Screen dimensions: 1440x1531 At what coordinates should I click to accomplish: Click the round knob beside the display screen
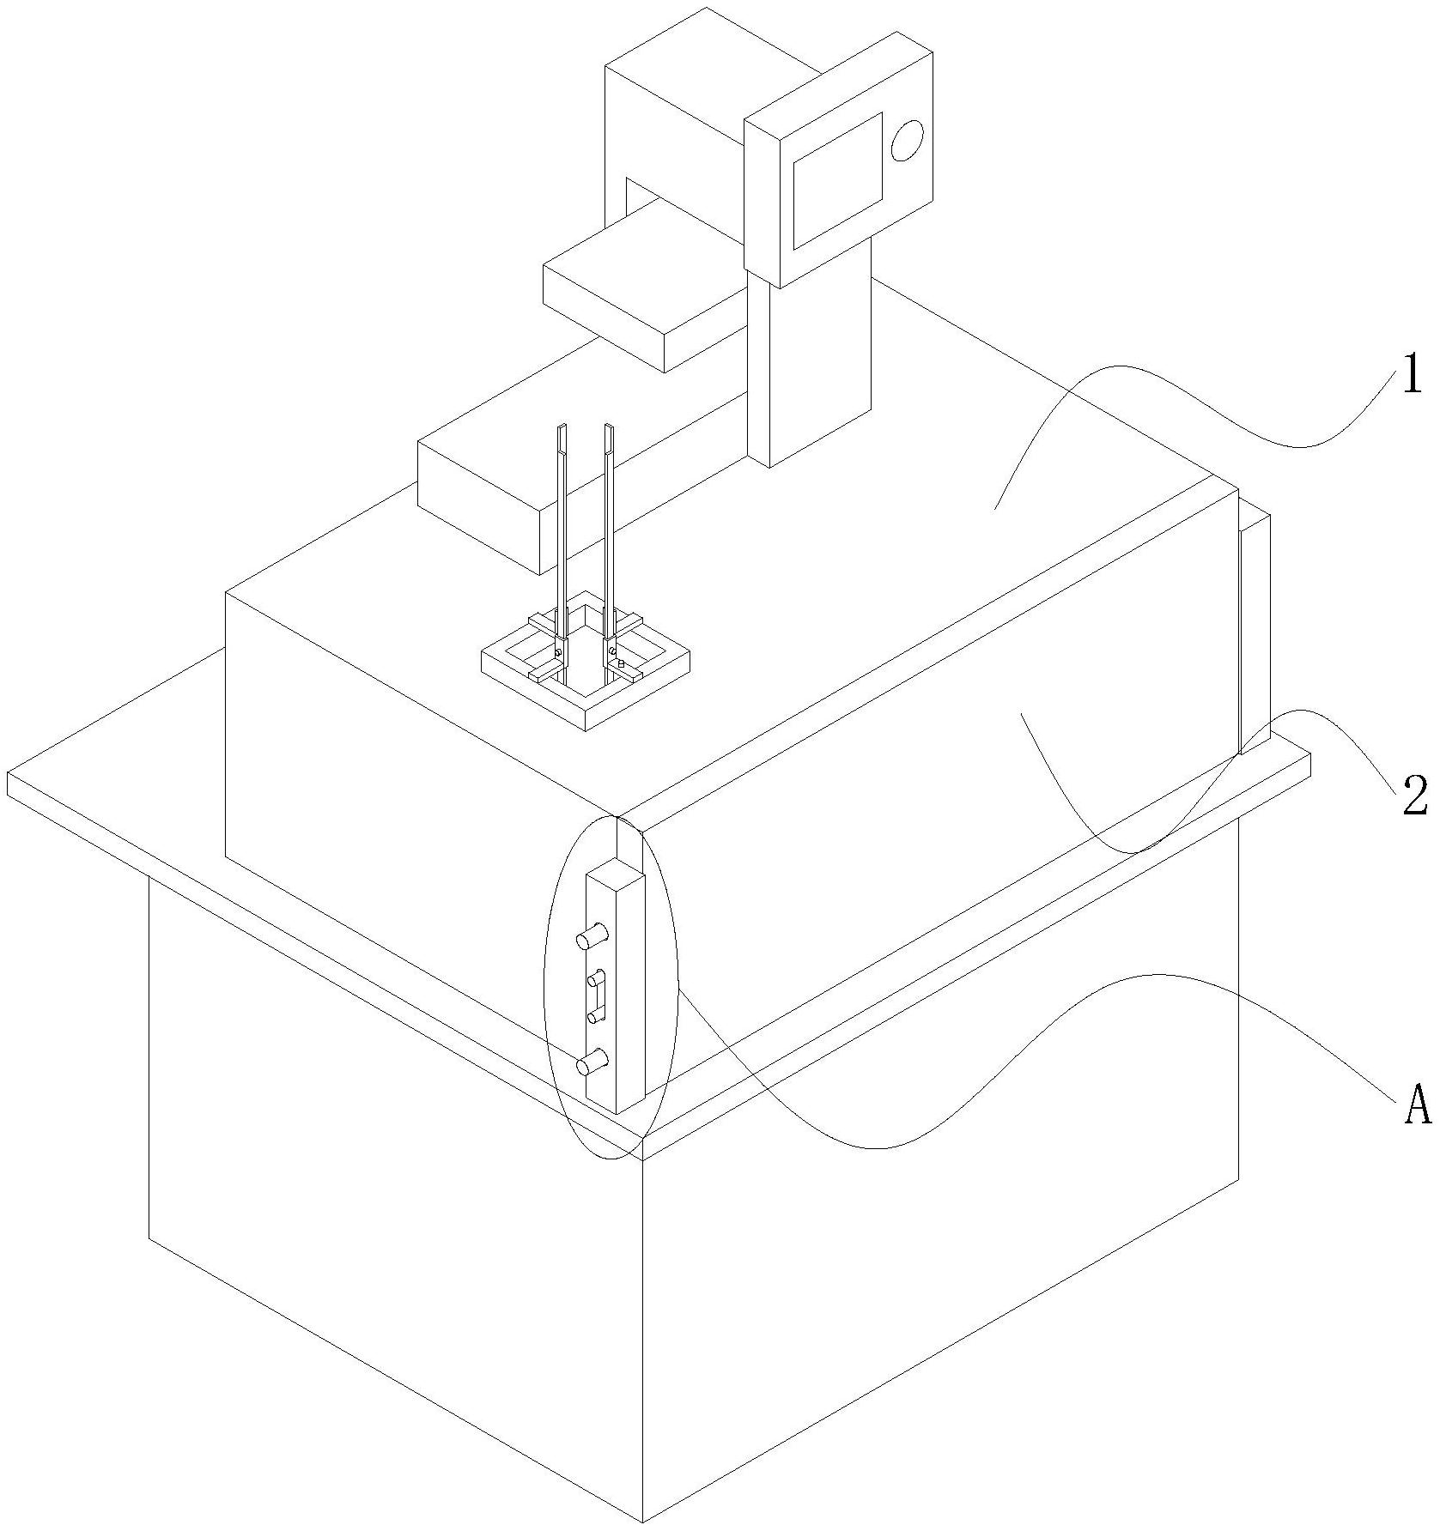point(907,140)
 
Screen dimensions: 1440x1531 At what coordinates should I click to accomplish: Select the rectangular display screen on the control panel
point(837,180)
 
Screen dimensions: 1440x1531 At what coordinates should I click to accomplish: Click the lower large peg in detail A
point(592,1063)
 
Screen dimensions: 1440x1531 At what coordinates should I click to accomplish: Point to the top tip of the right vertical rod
point(610,427)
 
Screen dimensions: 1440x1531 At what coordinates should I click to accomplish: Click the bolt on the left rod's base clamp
point(558,652)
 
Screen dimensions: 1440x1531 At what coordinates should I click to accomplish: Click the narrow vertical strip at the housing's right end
point(1254,635)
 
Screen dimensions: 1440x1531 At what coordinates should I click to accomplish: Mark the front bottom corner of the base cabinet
point(642,1522)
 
